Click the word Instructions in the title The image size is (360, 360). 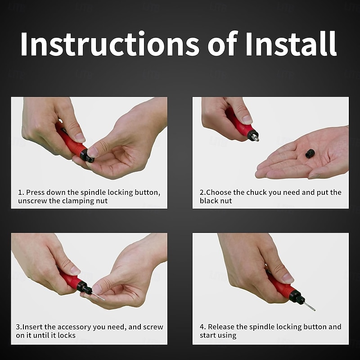click(110, 44)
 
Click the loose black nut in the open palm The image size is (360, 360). click(310, 153)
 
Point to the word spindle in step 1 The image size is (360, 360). click(93, 193)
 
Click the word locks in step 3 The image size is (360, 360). click(67, 335)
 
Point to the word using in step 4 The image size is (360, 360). click(227, 336)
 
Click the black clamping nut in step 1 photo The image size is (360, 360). click(86, 156)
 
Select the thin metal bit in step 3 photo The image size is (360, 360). click(98, 296)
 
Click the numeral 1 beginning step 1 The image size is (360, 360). click(20, 193)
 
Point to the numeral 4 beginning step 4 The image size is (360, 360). click(202, 327)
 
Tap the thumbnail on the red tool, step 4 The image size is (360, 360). click(288, 278)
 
